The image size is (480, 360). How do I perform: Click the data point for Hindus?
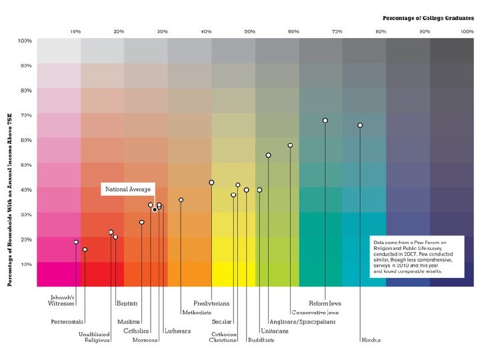click(360, 125)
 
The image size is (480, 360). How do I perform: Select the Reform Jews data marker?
click(325, 121)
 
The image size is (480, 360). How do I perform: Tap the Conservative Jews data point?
click(290, 145)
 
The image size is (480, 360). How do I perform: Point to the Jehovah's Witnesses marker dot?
click(76, 242)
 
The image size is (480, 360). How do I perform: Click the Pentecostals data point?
click(85, 249)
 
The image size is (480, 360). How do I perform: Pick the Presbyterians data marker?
click(211, 183)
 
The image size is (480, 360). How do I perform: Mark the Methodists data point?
click(181, 200)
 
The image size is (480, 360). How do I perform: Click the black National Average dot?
click(155, 210)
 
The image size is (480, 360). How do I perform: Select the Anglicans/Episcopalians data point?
click(268, 155)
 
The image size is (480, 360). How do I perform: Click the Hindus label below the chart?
click(371, 340)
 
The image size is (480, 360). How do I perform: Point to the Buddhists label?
click(261, 340)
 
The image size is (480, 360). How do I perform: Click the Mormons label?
click(145, 340)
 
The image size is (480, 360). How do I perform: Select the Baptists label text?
click(127, 303)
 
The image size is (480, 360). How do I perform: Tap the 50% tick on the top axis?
click(250, 31)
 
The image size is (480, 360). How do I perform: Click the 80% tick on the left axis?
click(25, 90)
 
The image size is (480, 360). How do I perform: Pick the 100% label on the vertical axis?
click(25, 41)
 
